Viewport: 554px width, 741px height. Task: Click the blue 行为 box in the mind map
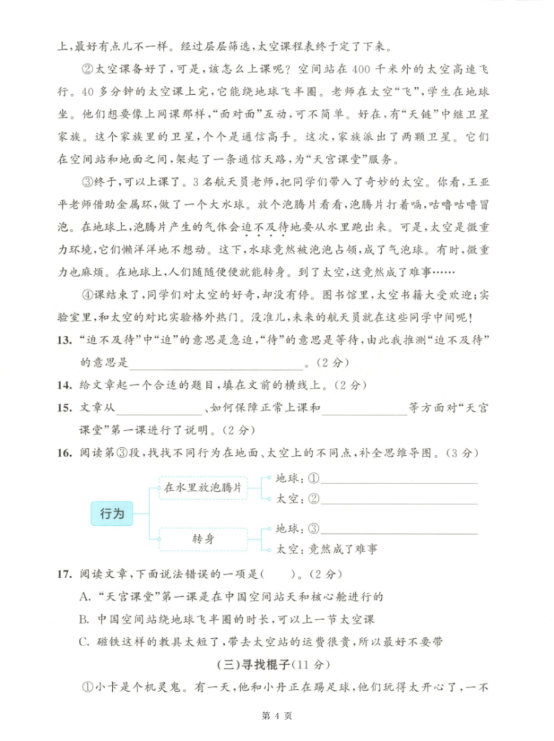[110, 515]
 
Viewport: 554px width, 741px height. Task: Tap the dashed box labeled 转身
[202, 540]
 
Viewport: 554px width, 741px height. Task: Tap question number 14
[65, 384]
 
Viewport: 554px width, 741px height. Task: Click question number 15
[65, 408]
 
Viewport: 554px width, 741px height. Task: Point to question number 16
[65, 453]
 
